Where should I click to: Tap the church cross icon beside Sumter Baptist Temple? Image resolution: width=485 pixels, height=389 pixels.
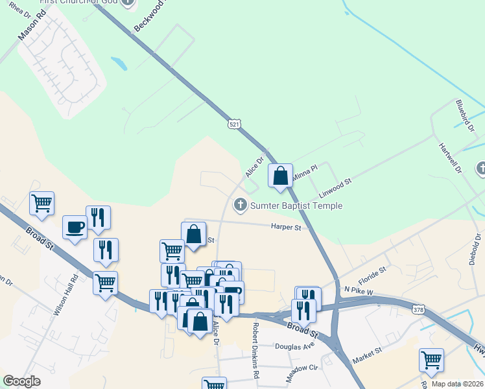(241, 206)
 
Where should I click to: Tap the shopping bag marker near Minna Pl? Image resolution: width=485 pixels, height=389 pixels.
(280, 176)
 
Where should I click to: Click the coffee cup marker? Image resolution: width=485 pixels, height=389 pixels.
(74, 228)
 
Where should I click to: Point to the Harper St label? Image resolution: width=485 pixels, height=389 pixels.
(286, 228)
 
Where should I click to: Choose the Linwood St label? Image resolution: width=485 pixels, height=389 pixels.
(335, 189)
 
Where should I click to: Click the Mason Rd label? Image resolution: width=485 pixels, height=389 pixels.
(30, 29)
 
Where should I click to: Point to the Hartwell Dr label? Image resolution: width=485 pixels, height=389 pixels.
(449, 159)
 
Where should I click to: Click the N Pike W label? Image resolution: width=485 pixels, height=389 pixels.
(359, 292)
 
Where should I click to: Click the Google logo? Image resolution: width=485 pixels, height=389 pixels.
(21, 381)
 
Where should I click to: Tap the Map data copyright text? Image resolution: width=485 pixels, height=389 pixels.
(456, 384)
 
